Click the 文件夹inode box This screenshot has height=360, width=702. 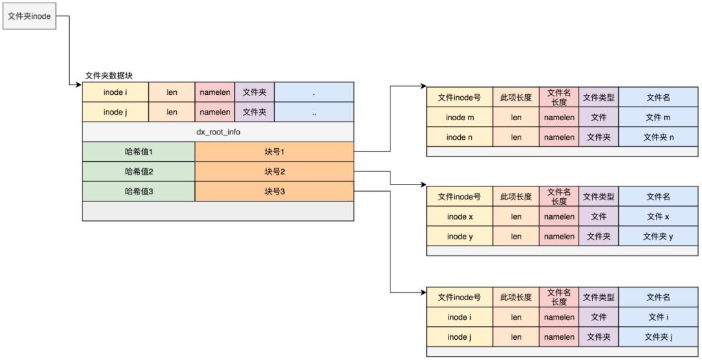(x=29, y=16)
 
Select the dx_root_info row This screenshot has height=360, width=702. (x=218, y=132)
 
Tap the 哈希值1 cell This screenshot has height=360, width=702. (x=138, y=151)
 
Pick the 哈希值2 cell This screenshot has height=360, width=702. (x=138, y=172)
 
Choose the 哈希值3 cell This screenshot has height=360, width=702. (x=138, y=191)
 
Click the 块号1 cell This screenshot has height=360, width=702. (x=274, y=151)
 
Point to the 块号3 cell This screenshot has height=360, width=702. (x=274, y=191)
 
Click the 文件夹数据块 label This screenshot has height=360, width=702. (x=109, y=76)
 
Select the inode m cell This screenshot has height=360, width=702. (x=460, y=118)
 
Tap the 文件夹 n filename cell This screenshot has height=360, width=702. (x=658, y=137)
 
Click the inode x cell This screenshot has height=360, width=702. (x=460, y=216)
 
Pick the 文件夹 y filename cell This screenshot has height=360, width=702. (x=658, y=237)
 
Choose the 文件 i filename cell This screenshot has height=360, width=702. (x=658, y=317)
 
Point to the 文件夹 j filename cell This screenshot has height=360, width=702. (x=658, y=337)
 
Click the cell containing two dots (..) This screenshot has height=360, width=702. (x=314, y=112)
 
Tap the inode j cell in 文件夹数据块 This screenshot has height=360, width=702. (x=116, y=112)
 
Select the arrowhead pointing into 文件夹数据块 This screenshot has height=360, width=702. (x=79, y=85)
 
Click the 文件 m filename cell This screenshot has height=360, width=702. (x=658, y=118)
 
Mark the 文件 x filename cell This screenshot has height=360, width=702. (x=658, y=216)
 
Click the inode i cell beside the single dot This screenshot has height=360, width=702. (x=116, y=92)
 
